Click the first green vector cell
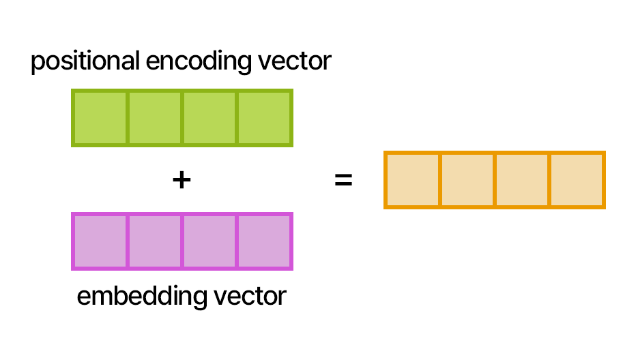pos(100,118)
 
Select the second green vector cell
pos(155,118)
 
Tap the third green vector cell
pos(209,118)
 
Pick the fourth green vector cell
pos(264,118)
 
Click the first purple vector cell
pos(100,241)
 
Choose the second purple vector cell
pos(155,241)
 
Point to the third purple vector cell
pos(209,241)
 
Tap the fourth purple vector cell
pos(264,241)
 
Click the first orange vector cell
pos(413,180)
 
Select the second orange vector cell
pos(467,180)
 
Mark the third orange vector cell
pos(522,180)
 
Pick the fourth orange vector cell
pos(577,180)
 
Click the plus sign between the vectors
pos(181,180)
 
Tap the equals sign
pos(343,181)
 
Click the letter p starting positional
pos(36,63)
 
